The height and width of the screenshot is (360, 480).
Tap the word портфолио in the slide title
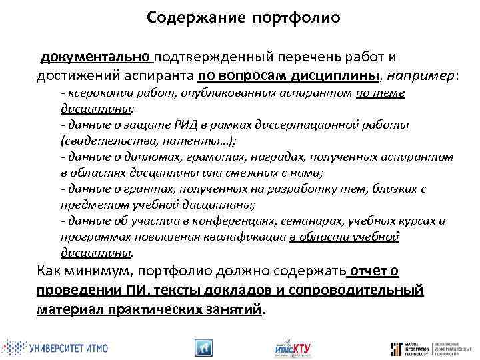pos(296,18)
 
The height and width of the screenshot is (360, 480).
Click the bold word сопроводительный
pos(364,290)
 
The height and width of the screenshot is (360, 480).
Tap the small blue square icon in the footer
pos(203,347)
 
